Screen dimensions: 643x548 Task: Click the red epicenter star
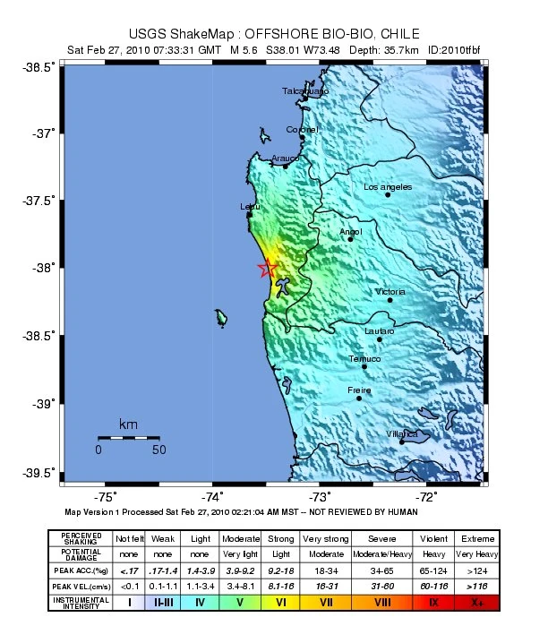(x=266, y=269)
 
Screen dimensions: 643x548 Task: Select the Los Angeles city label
(x=388, y=187)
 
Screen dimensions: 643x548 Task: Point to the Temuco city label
(x=364, y=359)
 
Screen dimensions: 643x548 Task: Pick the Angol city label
(x=350, y=233)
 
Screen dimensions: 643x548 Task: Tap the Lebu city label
(x=250, y=207)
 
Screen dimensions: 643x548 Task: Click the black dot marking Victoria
(x=390, y=300)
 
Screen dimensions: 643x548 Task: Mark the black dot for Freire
(x=359, y=399)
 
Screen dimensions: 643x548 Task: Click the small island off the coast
(x=219, y=317)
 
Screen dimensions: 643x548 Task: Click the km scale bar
(x=128, y=437)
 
